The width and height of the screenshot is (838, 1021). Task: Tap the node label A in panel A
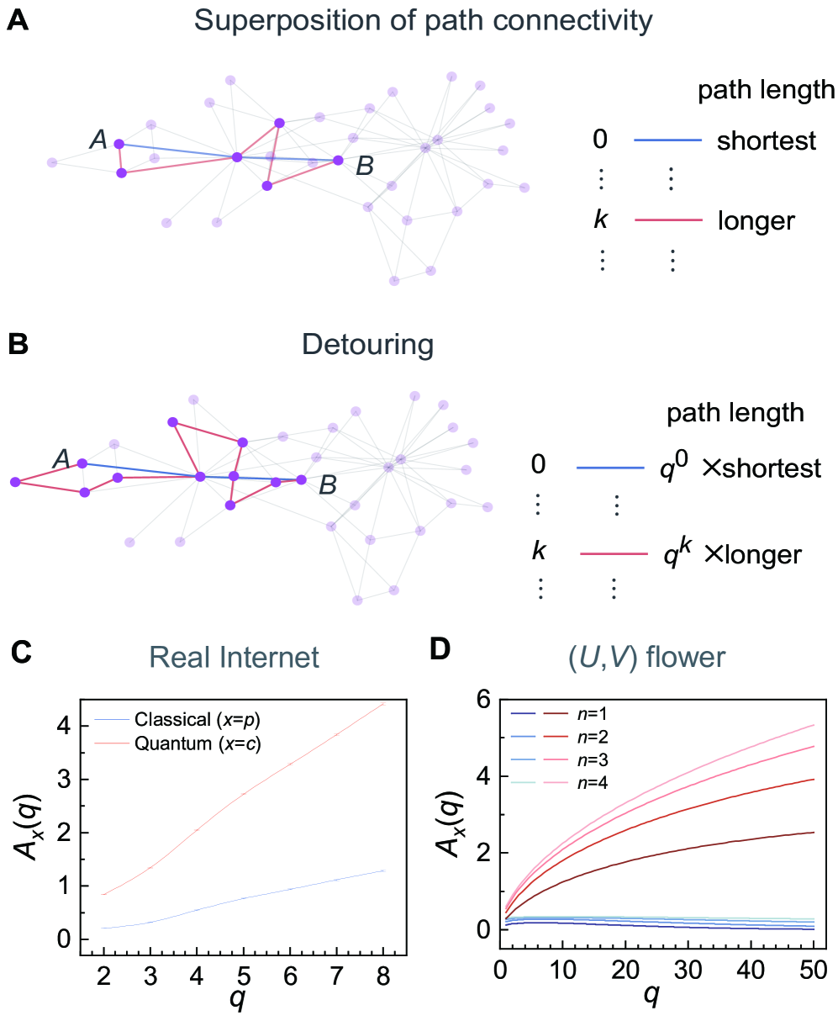coord(98,140)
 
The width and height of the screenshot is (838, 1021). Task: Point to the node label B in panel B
coord(327,486)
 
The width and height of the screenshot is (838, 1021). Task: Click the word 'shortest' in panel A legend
coord(766,140)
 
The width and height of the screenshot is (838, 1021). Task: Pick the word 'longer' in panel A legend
coord(756,221)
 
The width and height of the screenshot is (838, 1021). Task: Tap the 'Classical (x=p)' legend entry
coord(198,719)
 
